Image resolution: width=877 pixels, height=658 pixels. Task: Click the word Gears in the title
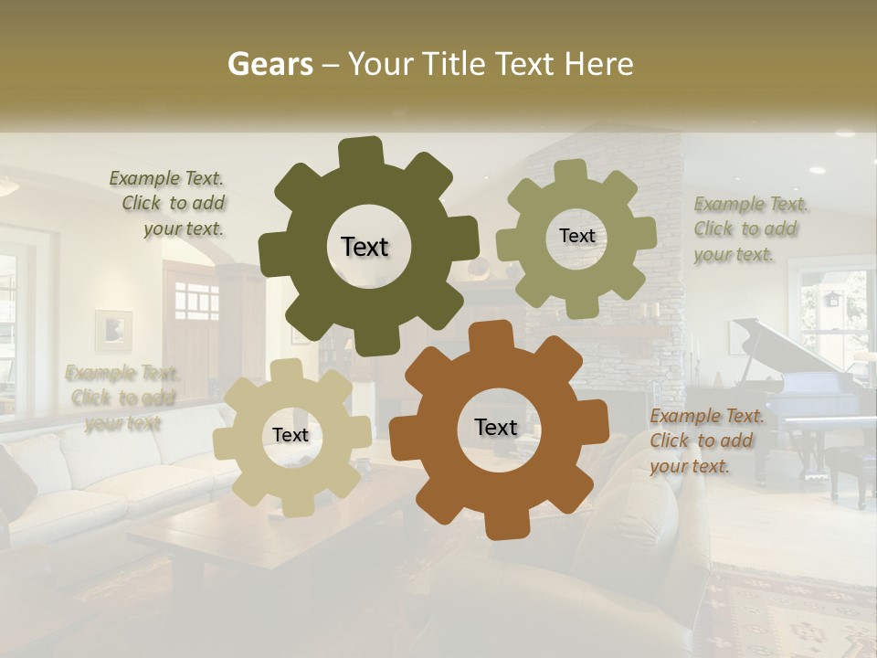[269, 64]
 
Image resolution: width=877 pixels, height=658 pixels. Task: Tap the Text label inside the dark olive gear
[365, 247]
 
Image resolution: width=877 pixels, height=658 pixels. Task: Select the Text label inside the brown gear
[496, 427]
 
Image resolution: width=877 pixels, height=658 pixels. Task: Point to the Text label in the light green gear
[576, 236]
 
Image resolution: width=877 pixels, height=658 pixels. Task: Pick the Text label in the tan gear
[291, 435]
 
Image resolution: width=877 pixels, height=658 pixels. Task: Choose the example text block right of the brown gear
[707, 440]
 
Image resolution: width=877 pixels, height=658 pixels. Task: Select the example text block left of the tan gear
[122, 398]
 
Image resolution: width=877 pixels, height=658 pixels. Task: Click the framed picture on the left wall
[113, 330]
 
